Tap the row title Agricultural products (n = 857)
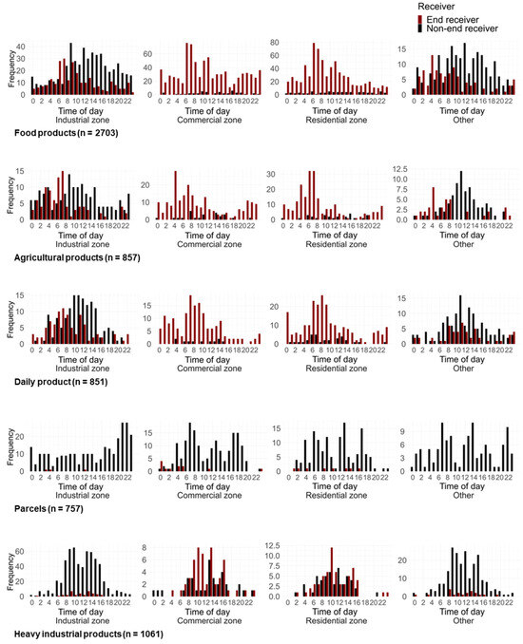(75, 256)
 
